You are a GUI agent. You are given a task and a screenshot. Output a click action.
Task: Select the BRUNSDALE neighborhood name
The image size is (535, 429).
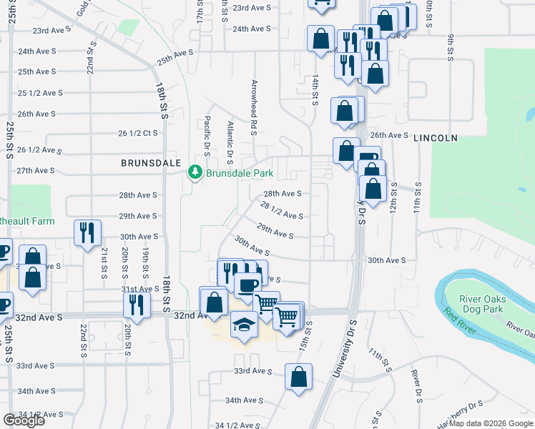[150, 163]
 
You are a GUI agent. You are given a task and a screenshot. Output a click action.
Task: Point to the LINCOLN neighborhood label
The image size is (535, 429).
[435, 138]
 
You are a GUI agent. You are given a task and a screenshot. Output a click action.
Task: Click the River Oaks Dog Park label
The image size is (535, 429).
[483, 304]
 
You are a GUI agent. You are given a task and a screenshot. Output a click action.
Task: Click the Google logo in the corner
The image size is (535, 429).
[24, 420]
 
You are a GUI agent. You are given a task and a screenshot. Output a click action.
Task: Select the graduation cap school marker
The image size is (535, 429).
[243, 325]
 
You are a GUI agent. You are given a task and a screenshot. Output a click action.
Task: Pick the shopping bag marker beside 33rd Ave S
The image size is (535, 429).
[298, 376]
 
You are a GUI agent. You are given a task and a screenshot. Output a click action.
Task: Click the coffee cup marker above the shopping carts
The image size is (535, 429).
[247, 285]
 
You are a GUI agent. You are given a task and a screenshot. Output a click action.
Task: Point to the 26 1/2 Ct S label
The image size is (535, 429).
[137, 133]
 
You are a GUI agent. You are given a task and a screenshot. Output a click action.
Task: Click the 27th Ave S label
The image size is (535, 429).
[36, 170]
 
